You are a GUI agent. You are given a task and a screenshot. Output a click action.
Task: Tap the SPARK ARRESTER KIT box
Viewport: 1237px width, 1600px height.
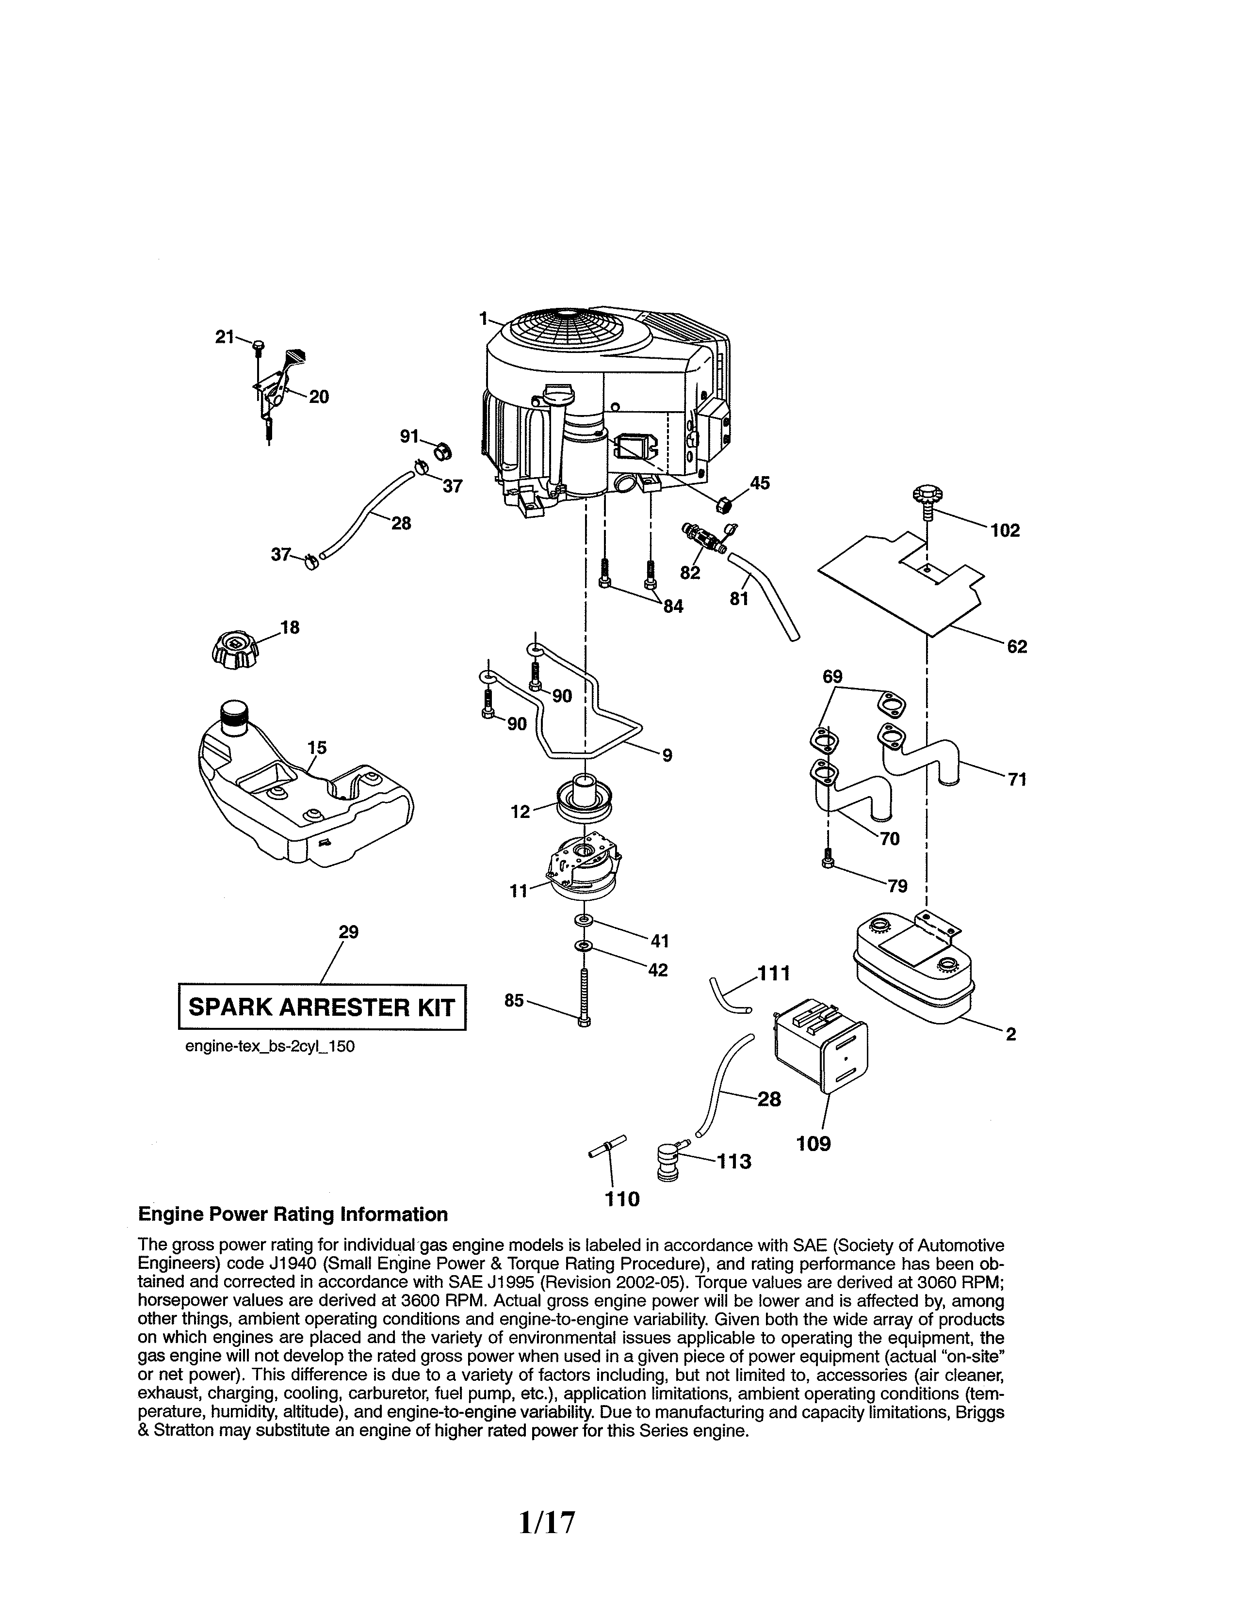click(323, 1008)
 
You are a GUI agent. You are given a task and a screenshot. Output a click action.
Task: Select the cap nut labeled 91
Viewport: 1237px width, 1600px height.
click(442, 450)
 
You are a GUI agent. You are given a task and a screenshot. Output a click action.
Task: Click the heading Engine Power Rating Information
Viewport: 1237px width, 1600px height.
click(293, 1215)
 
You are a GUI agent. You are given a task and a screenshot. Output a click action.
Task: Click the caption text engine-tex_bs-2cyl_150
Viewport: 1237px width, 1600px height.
click(270, 1047)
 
